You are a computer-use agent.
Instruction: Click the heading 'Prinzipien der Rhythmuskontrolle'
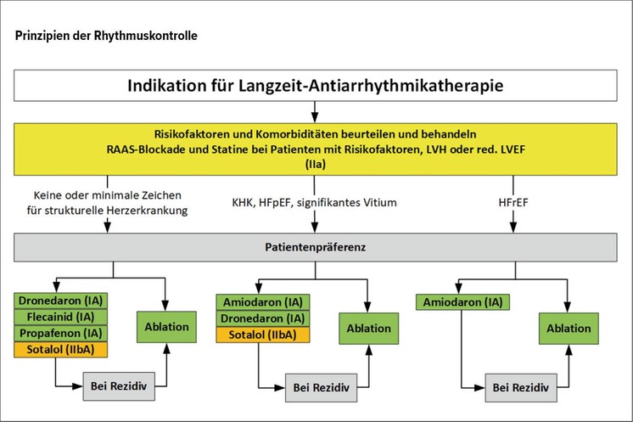tap(106, 36)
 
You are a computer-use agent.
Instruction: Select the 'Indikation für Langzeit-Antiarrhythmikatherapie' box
tap(316, 86)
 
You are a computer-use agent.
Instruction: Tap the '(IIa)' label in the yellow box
tap(316, 165)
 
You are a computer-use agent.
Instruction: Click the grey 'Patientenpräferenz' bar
tap(316, 247)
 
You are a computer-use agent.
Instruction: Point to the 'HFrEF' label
tap(513, 202)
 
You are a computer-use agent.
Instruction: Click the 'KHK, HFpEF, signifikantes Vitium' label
tap(314, 202)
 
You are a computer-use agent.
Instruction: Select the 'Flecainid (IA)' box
tap(61, 317)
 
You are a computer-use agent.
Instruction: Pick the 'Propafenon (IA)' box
tap(61, 333)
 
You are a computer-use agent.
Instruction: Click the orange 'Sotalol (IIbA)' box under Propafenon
tap(61, 350)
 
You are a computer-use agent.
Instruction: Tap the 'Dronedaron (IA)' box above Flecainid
tap(61, 301)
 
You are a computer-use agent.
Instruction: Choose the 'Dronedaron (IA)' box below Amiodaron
tap(263, 318)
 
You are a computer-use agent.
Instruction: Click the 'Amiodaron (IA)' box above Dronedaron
tap(263, 302)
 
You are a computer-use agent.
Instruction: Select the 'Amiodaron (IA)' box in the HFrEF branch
tap(462, 302)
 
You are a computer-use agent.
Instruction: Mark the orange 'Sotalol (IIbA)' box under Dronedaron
tap(263, 335)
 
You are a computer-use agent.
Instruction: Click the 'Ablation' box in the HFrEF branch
tap(569, 329)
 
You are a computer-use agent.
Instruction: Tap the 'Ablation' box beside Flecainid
tap(166, 327)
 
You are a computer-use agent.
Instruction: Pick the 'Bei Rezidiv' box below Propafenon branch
tap(119, 386)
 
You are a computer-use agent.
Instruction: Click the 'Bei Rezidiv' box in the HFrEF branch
tap(521, 388)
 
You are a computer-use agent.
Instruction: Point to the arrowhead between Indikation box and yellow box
tap(315, 117)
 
